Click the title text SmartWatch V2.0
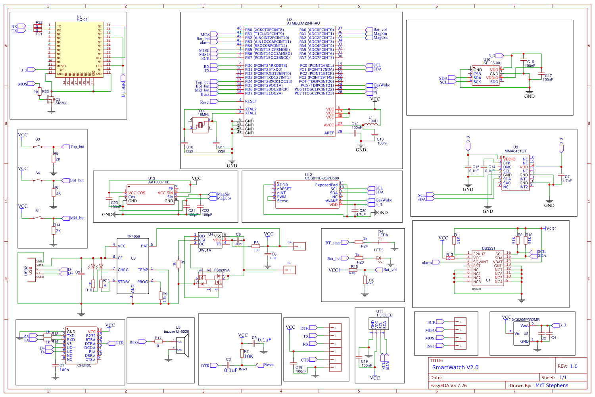(x=455, y=367)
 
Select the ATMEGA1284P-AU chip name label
(x=303, y=23)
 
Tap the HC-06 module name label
(x=82, y=19)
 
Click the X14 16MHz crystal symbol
(x=200, y=125)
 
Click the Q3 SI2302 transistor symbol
(x=51, y=100)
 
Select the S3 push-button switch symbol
(x=38, y=146)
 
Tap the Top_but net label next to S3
(x=77, y=146)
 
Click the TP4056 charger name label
(x=133, y=236)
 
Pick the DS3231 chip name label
(x=488, y=249)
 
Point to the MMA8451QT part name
(x=515, y=151)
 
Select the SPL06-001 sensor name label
(x=492, y=63)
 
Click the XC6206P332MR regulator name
(x=525, y=320)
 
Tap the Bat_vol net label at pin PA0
(x=380, y=30)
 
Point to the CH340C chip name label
(x=84, y=365)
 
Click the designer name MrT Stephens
(x=551, y=385)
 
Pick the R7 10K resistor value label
(x=248, y=356)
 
